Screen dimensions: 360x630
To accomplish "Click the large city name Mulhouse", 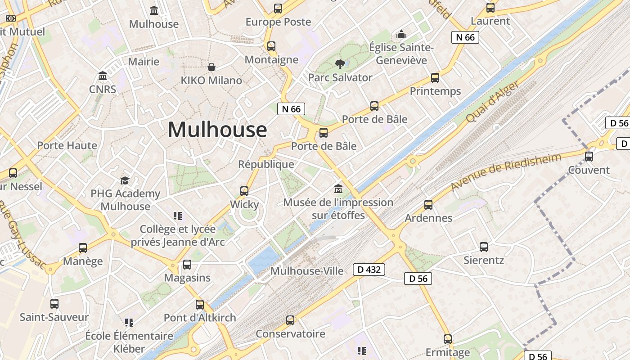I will click(217, 130).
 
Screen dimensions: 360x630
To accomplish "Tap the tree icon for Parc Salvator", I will click(340, 64).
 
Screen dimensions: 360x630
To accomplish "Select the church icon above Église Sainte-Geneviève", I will click(401, 34).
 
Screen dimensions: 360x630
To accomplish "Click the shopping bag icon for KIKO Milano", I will click(211, 67).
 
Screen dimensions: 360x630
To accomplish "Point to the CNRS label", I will click(103, 89).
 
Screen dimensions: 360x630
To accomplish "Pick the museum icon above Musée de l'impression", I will click(338, 189).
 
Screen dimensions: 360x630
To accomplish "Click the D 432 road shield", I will click(369, 270).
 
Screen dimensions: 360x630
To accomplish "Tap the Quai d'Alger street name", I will click(493, 102).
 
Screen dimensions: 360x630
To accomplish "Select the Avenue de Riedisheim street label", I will click(506, 171).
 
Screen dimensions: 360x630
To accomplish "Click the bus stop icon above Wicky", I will click(244, 191).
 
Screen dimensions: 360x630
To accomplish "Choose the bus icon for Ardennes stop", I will click(428, 205).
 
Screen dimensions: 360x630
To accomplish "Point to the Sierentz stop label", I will click(484, 260).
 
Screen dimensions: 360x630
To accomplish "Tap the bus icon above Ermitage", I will click(448, 339).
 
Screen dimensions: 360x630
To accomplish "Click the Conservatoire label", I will click(290, 334).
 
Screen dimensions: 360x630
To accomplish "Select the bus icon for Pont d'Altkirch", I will click(200, 305).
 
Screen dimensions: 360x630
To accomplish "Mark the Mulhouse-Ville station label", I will click(306, 271).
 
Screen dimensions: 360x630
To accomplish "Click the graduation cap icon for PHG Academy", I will click(125, 180).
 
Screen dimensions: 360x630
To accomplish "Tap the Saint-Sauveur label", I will click(54, 317).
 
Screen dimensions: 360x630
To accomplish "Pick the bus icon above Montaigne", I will click(271, 46).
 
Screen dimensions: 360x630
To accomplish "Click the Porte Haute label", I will click(67, 145).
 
